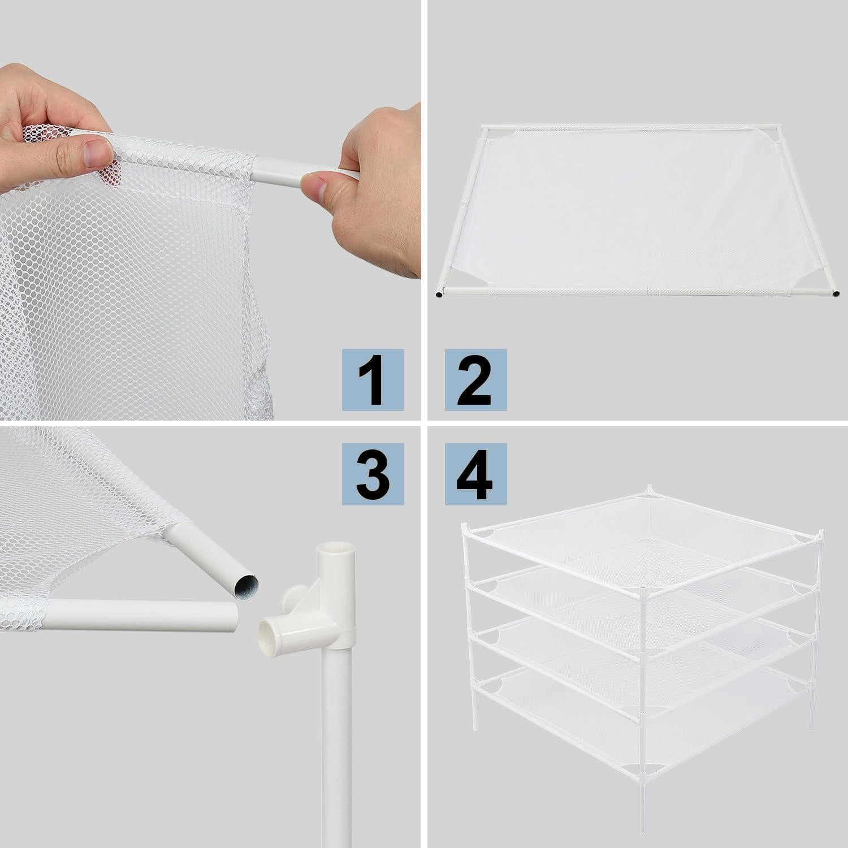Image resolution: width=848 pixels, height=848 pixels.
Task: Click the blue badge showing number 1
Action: point(373,379)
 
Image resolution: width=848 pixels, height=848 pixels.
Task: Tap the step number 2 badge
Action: point(475,379)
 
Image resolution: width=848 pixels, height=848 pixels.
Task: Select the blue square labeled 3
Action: point(373,474)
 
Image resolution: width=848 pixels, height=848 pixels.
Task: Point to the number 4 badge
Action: point(475,474)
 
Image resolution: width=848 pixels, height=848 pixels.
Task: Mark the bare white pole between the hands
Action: point(283,170)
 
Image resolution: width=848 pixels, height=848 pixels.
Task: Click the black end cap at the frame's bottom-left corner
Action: point(440,293)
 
